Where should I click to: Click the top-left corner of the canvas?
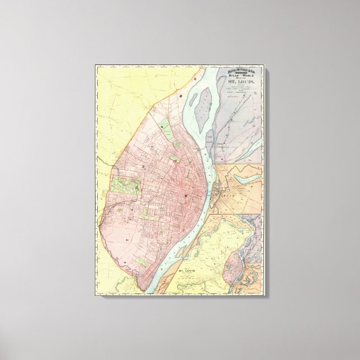click(x=96, y=65)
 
